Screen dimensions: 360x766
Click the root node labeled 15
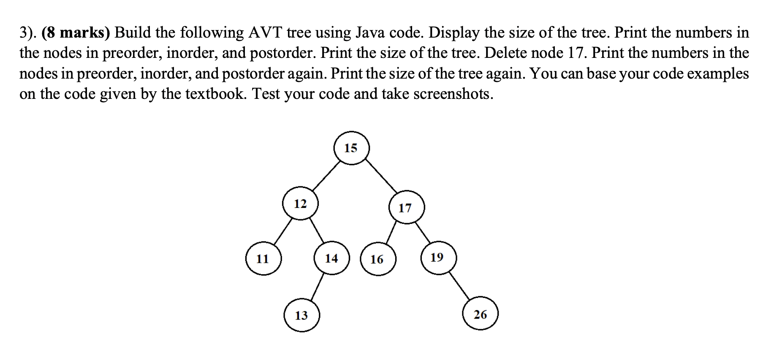(x=351, y=148)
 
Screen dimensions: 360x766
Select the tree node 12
(x=300, y=204)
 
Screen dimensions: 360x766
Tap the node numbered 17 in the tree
(x=406, y=207)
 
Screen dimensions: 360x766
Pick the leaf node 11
(x=263, y=258)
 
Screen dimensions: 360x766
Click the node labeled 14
(x=332, y=258)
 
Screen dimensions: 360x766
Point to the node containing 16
(x=378, y=259)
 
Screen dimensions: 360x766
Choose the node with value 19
(x=438, y=257)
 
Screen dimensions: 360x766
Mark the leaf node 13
(x=302, y=315)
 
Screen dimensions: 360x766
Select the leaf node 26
(x=480, y=314)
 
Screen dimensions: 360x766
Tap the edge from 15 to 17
(x=381, y=176)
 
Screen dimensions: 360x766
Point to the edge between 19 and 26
(x=459, y=286)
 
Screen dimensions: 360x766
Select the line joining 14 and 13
(x=318, y=287)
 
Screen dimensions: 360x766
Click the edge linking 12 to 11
(x=283, y=232)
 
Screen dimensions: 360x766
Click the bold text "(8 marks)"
(x=76, y=33)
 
